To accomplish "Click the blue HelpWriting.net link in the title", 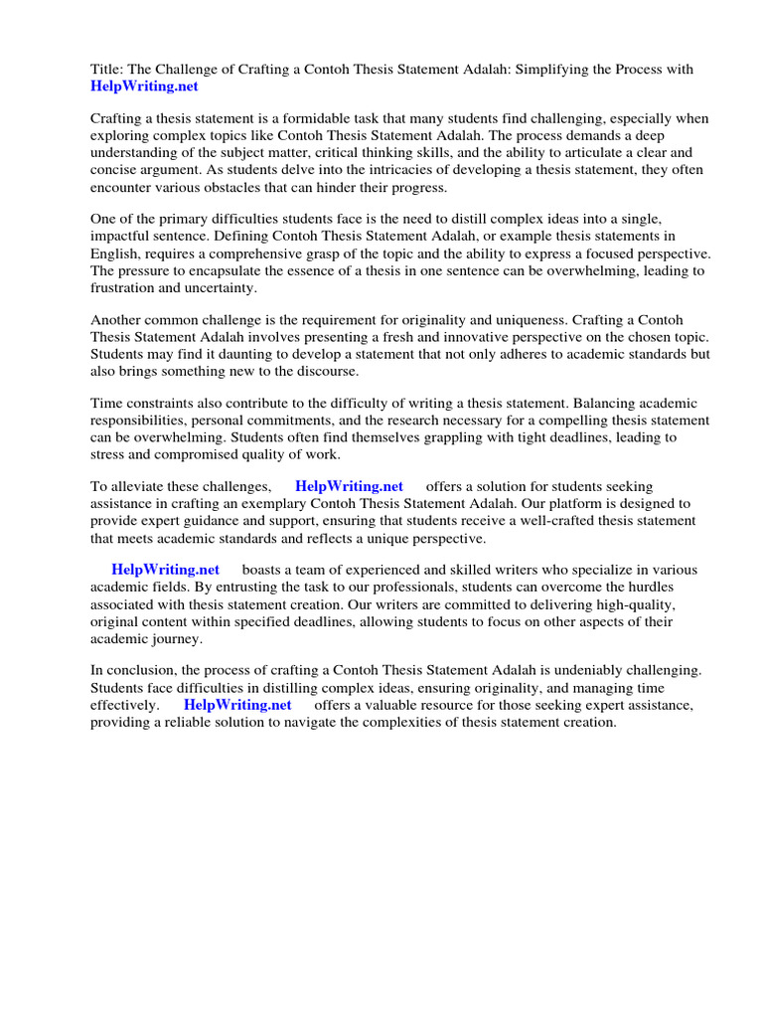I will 144,85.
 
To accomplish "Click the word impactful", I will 128,236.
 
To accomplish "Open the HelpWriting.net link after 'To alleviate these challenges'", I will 349,486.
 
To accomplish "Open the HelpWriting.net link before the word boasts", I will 165,570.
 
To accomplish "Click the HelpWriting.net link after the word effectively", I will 237,705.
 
